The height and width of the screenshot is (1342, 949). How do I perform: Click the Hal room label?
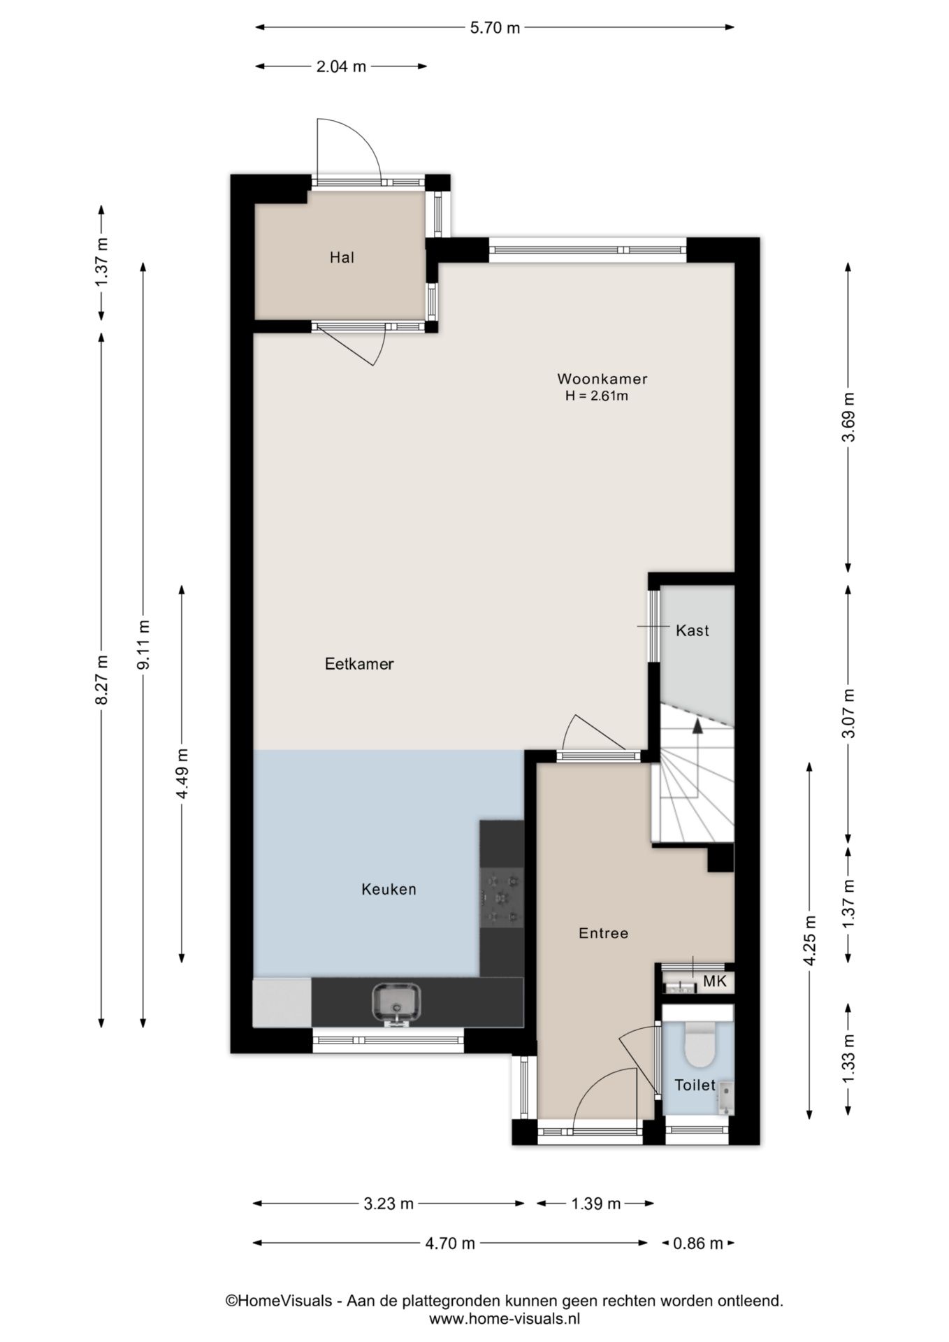pos(342,258)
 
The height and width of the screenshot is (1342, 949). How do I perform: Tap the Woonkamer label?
pos(602,380)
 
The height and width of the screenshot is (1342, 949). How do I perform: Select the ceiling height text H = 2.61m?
pos(597,396)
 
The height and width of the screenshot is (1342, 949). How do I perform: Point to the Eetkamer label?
pos(359,664)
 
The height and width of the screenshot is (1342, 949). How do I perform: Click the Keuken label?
pos(389,890)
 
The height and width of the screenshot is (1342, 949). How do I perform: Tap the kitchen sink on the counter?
pos(396,1003)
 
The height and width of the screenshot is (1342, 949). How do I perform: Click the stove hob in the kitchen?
pos(502,897)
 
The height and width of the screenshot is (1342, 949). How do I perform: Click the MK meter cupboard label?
pos(715,981)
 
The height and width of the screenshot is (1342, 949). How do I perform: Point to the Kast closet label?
pos(692,631)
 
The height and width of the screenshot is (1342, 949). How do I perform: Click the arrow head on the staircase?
pos(697,726)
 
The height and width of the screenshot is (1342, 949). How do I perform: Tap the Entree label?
pos(603,933)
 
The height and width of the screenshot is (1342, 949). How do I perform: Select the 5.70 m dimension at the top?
pos(494,28)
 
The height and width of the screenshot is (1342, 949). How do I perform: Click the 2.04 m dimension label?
pos(341,67)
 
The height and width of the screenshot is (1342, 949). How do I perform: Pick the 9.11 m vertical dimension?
pos(143,644)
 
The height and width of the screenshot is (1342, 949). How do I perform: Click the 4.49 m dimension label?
pos(182,774)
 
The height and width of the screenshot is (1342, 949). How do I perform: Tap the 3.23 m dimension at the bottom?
pos(389,1204)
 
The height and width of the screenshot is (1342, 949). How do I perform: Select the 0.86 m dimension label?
pos(697,1243)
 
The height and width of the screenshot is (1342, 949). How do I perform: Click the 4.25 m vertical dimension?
pos(810,940)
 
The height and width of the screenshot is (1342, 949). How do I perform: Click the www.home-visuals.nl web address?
pos(504,1320)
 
